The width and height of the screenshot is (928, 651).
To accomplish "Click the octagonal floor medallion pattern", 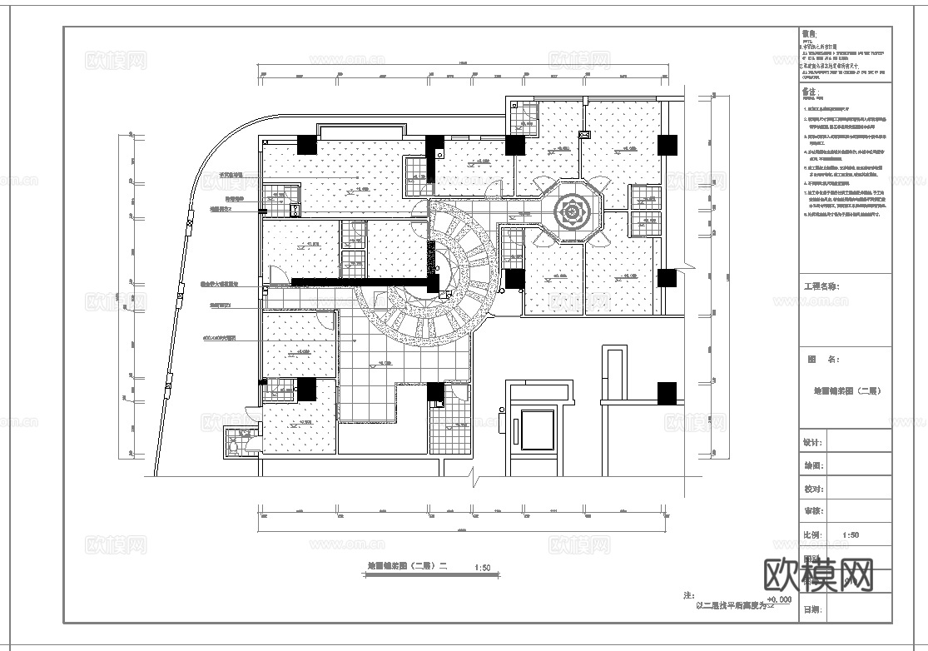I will [x=573, y=213].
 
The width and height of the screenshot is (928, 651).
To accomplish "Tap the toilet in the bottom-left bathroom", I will [x=236, y=447].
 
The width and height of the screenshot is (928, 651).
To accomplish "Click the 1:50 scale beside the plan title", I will [x=482, y=569].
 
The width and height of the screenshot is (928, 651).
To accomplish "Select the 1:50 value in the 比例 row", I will [x=851, y=535].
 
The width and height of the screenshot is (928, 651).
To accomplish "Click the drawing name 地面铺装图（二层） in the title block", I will [x=846, y=390].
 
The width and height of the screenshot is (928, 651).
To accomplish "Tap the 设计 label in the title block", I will [x=812, y=443].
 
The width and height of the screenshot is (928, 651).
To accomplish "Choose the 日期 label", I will [x=812, y=610].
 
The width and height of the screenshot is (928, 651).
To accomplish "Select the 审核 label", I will [x=812, y=511].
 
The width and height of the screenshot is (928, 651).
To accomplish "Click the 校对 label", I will [x=812, y=489].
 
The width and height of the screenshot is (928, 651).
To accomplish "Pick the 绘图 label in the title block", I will [x=812, y=466].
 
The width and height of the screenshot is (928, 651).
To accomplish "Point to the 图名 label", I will [x=823, y=360].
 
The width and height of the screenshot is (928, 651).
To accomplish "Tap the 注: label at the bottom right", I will [x=688, y=596].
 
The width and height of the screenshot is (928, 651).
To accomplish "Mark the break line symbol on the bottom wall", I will [x=472, y=477].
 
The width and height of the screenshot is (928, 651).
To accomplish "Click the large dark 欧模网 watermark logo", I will [x=818, y=574].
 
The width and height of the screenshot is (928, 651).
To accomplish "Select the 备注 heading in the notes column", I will [x=810, y=92].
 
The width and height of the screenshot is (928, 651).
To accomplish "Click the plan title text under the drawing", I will [x=408, y=568].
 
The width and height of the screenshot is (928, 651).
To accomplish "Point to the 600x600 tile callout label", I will [x=220, y=340].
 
